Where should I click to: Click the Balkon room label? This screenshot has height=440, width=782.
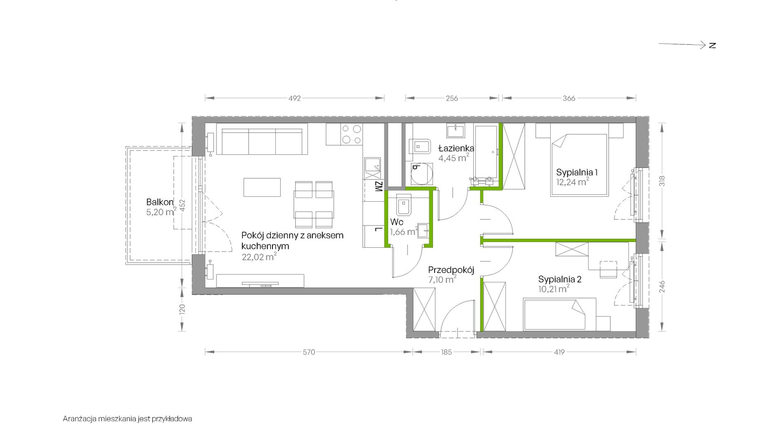(x=160, y=202)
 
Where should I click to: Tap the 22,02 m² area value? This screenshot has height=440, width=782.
(x=259, y=257)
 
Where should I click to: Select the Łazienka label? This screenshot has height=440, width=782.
(x=456, y=148)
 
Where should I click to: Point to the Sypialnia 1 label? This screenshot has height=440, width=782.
(x=577, y=172)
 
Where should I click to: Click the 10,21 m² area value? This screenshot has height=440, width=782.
(x=554, y=289)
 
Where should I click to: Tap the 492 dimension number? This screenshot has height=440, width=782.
(x=295, y=98)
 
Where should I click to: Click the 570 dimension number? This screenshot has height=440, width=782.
(x=309, y=352)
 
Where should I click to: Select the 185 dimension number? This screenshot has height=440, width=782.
(x=446, y=352)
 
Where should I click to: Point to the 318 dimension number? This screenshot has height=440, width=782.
(x=662, y=181)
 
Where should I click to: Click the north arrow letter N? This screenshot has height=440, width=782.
(x=712, y=45)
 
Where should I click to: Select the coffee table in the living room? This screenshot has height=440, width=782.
(x=262, y=187)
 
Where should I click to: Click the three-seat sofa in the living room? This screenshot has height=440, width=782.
(x=262, y=141)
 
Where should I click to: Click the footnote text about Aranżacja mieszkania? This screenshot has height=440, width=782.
(x=127, y=419)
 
